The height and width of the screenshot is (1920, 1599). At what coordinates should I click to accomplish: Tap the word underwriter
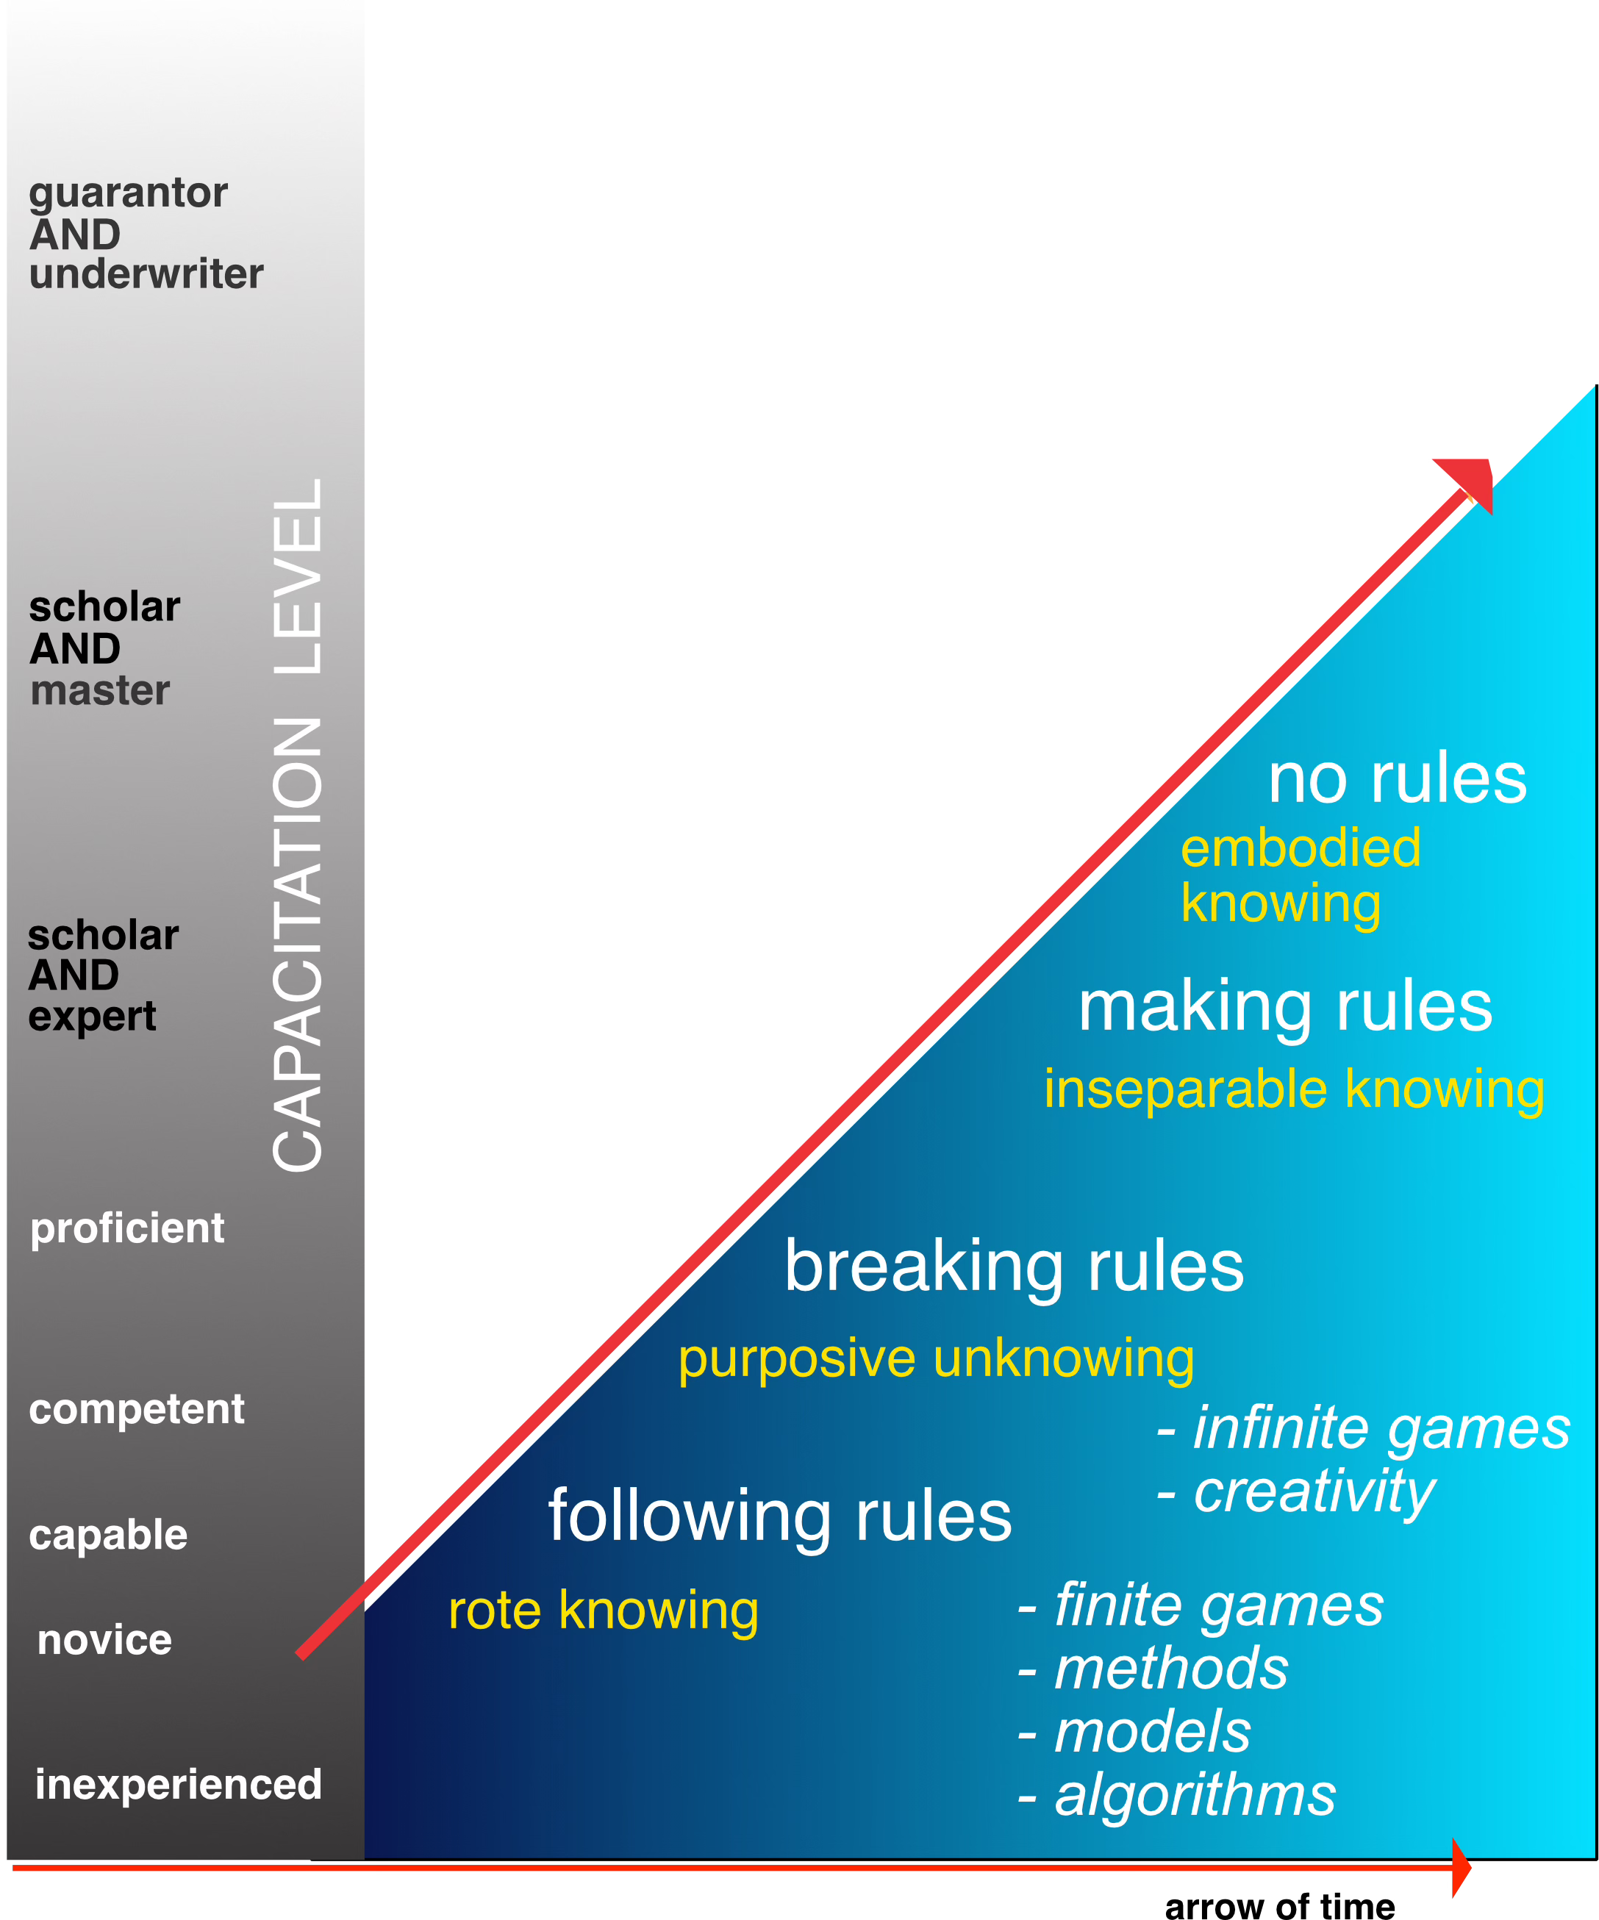click(x=146, y=274)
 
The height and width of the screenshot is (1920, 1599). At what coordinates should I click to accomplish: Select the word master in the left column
click(x=100, y=690)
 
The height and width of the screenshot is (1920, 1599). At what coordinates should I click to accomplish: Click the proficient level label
click(x=127, y=1228)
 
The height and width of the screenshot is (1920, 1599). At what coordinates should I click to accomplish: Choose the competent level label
click(x=136, y=1409)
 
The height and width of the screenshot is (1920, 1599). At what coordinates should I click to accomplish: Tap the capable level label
click(x=108, y=1534)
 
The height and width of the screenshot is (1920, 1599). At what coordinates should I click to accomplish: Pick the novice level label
click(x=104, y=1639)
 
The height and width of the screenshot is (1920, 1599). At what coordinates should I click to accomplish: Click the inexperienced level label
click(x=178, y=1784)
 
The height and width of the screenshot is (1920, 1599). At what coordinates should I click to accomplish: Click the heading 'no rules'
click(x=1397, y=779)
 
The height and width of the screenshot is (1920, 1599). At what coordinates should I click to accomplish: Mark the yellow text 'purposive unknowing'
click(x=936, y=1358)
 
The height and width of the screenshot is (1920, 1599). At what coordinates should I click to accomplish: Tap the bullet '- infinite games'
click(x=1362, y=1428)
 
